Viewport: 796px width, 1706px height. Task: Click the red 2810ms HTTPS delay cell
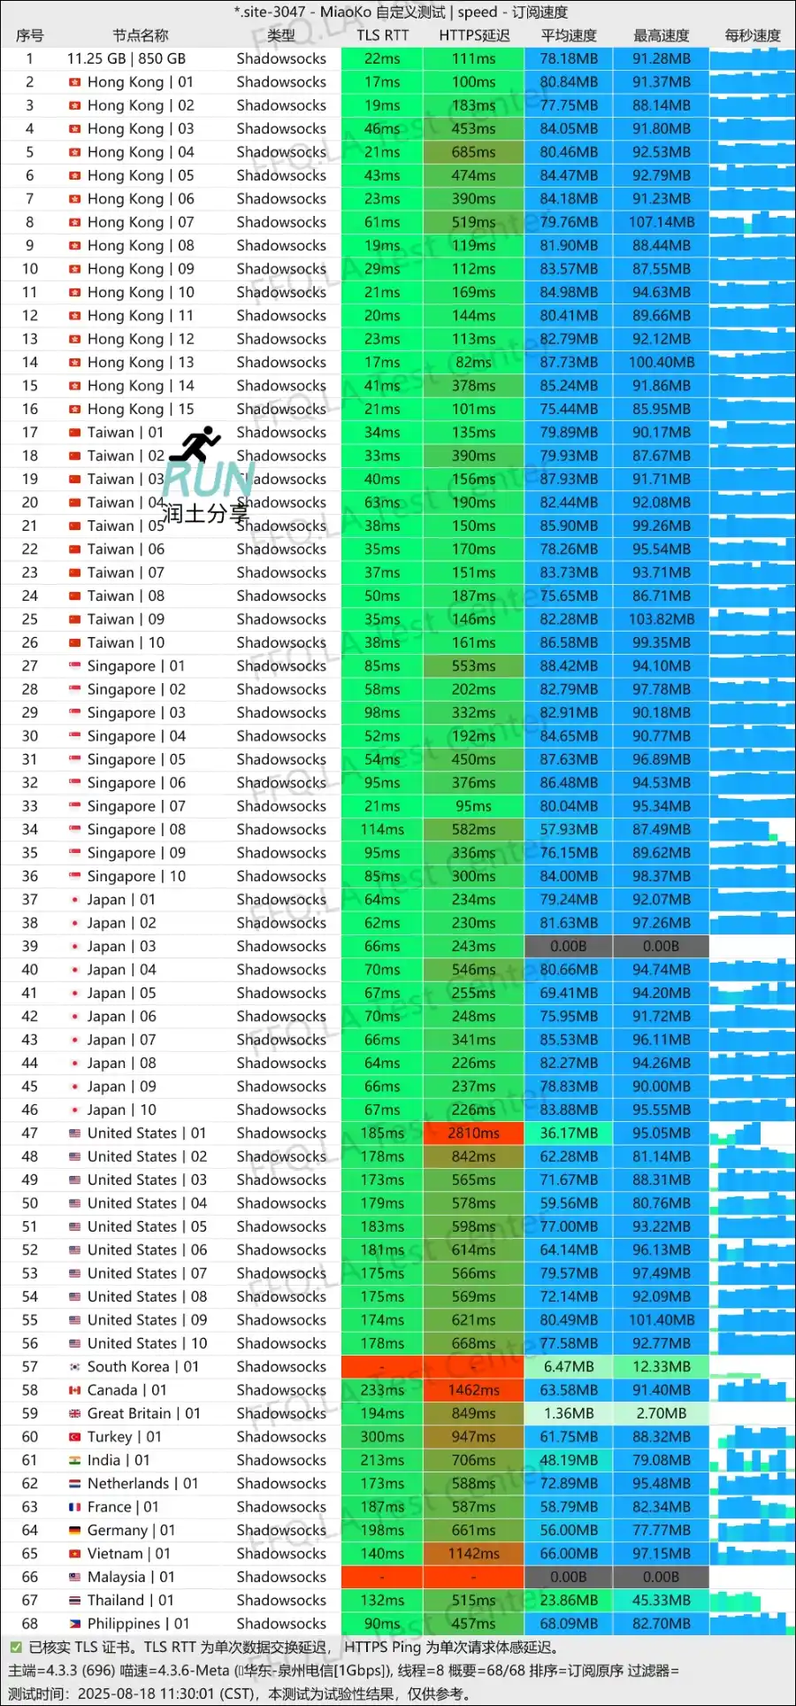tap(473, 1133)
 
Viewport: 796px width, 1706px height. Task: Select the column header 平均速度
tap(569, 35)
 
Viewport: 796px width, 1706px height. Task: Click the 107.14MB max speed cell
tap(661, 222)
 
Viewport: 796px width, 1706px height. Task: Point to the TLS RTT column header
tap(382, 35)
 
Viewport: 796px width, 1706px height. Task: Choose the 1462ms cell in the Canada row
tap(473, 1390)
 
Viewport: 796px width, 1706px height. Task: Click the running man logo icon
tap(196, 444)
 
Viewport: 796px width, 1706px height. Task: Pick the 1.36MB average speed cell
tap(569, 1413)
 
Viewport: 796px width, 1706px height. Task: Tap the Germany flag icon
tap(75, 1530)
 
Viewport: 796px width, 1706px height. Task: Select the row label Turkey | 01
tap(124, 1436)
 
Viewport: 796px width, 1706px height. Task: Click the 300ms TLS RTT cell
tap(382, 1436)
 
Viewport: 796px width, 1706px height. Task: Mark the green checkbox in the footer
tap(15, 1647)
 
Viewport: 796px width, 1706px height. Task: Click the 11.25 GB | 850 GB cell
tap(126, 58)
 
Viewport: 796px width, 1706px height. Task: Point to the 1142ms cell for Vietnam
tap(473, 1553)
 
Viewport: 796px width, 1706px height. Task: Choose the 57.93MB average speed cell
tap(569, 829)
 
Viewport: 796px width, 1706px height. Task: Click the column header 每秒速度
tap(752, 35)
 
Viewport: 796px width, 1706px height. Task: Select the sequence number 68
tap(30, 1624)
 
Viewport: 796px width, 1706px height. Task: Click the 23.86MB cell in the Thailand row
tap(569, 1600)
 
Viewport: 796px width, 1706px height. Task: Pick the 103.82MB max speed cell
tap(661, 619)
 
